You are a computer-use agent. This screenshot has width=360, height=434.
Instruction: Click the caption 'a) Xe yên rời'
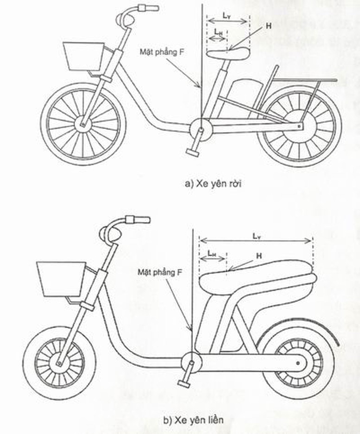[213, 184]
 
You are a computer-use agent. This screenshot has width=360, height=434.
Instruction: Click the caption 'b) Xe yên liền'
[193, 420]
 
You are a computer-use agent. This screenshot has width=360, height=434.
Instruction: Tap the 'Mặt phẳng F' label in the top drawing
[162, 52]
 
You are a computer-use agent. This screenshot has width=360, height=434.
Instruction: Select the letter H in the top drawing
[268, 26]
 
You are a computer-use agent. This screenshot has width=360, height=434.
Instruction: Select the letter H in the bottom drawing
[259, 256]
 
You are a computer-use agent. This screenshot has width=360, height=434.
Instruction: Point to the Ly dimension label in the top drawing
[227, 16]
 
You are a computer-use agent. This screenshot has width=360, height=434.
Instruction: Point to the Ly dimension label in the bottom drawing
[257, 236]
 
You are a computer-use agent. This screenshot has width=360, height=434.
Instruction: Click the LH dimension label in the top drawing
[218, 32]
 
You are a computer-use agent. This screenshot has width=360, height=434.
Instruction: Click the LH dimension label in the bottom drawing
[212, 253]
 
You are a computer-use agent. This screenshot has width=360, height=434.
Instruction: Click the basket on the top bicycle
[83, 56]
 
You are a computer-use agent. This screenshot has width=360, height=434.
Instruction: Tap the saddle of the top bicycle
[228, 53]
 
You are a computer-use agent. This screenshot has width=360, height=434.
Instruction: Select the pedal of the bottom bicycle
[183, 383]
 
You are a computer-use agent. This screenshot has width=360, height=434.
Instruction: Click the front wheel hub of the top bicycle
[82, 125]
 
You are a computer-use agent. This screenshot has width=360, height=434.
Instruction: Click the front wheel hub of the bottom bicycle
[59, 363]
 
